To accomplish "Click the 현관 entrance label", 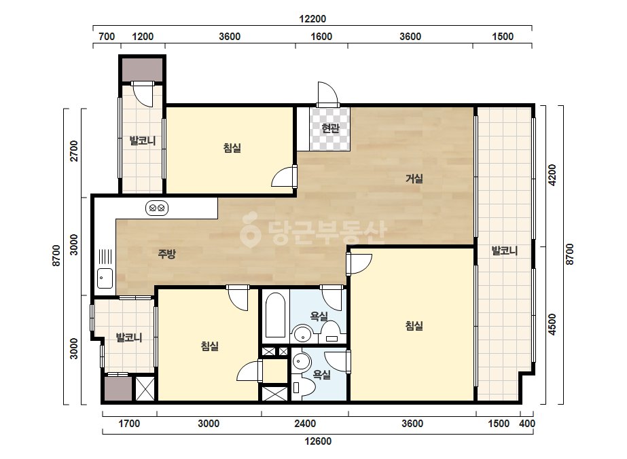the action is pyautogui.click(x=331, y=128).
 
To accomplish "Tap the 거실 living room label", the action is pyautogui.click(x=414, y=178).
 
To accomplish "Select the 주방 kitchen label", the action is pyautogui.click(x=166, y=253).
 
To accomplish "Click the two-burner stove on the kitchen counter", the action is pyautogui.click(x=157, y=208).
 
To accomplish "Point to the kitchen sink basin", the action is pyautogui.click(x=105, y=278).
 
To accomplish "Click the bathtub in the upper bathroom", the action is pyautogui.click(x=275, y=316).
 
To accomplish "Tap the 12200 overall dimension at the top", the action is pyautogui.click(x=312, y=19).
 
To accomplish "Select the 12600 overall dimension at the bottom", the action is pyautogui.click(x=318, y=441).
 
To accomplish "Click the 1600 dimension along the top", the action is pyautogui.click(x=321, y=37).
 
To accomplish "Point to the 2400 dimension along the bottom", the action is pyautogui.click(x=305, y=424).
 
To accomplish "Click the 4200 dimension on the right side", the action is pyautogui.click(x=552, y=175).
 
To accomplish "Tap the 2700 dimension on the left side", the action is pyautogui.click(x=74, y=151).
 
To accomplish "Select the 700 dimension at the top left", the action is pyautogui.click(x=107, y=37).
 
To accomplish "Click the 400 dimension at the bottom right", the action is pyautogui.click(x=527, y=424).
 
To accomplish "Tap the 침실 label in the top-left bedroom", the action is pyautogui.click(x=232, y=148).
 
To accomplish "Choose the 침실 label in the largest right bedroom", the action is pyautogui.click(x=414, y=325).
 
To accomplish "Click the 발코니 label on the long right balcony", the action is pyautogui.click(x=505, y=251).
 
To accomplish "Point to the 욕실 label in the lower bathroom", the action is pyautogui.click(x=321, y=374).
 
